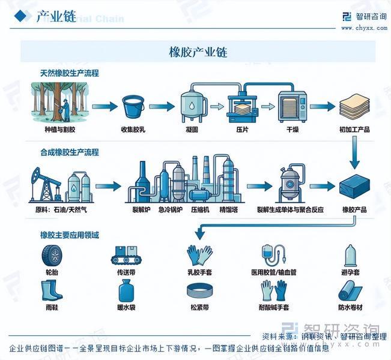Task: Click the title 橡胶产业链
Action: coord(198,53)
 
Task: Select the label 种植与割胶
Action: coord(60,129)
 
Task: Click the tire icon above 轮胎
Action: coord(52,256)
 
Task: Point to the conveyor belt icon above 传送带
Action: coord(126,256)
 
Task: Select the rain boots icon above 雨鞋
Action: coord(52,291)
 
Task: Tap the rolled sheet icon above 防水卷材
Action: coord(351,291)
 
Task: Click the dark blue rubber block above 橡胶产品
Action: coord(354,188)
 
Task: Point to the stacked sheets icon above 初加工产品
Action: coord(354,107)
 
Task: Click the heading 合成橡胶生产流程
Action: coord(69,152)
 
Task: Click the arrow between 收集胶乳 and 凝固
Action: coord(162,107)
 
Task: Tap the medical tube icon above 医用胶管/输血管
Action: coord(273,256)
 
